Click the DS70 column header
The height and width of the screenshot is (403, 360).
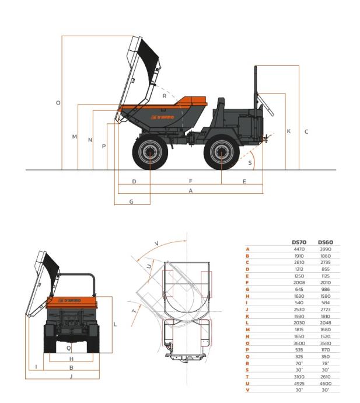point(299,242)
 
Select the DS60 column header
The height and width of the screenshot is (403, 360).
point(326,242)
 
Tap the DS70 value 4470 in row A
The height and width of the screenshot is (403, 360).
point(299,249)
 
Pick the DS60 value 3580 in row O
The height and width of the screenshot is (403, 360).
point(326,343)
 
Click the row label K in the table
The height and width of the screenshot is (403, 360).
point(247,317)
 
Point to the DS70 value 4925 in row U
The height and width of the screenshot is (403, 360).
point(299,384)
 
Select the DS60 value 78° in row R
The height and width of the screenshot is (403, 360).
point(326,363)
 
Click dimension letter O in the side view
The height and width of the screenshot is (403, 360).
point(58,103)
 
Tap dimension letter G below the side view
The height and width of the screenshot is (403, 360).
point(131,201)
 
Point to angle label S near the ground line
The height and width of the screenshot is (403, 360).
point(250,163)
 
